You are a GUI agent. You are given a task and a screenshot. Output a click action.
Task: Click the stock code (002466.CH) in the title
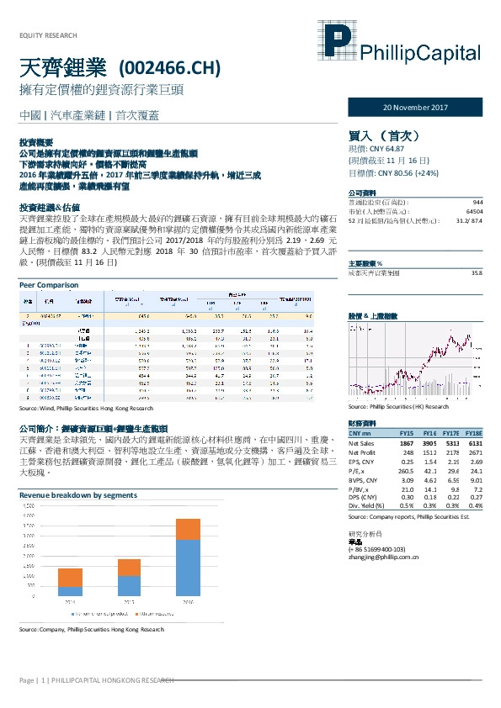pyautogui.click(x=172, y=66)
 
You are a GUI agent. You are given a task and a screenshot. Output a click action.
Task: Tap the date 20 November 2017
pyautogui.click(x=416, y=108)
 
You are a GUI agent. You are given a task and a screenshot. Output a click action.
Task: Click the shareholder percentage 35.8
pyautogui.click(x=477, y=250)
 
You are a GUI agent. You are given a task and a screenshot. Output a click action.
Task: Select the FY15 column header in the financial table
pyautogui.click(x=407, y=432)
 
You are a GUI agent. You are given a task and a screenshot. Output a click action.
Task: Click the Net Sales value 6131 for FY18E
pyautogui.click(x=475, y=442)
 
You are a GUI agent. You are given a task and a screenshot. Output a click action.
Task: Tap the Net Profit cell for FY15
pyautogui.click(x=408, y=452)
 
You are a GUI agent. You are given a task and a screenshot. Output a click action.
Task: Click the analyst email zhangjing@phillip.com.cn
pyautogui.click(x=384, y=557)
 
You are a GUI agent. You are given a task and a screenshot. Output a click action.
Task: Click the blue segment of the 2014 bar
pyautogui.click(x=71, y=591)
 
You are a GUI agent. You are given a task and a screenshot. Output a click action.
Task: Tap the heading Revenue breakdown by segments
pyautogui.click(x=78, y=496)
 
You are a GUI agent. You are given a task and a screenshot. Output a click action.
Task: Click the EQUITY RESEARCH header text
pyautogui.click(x=47, y=35)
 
